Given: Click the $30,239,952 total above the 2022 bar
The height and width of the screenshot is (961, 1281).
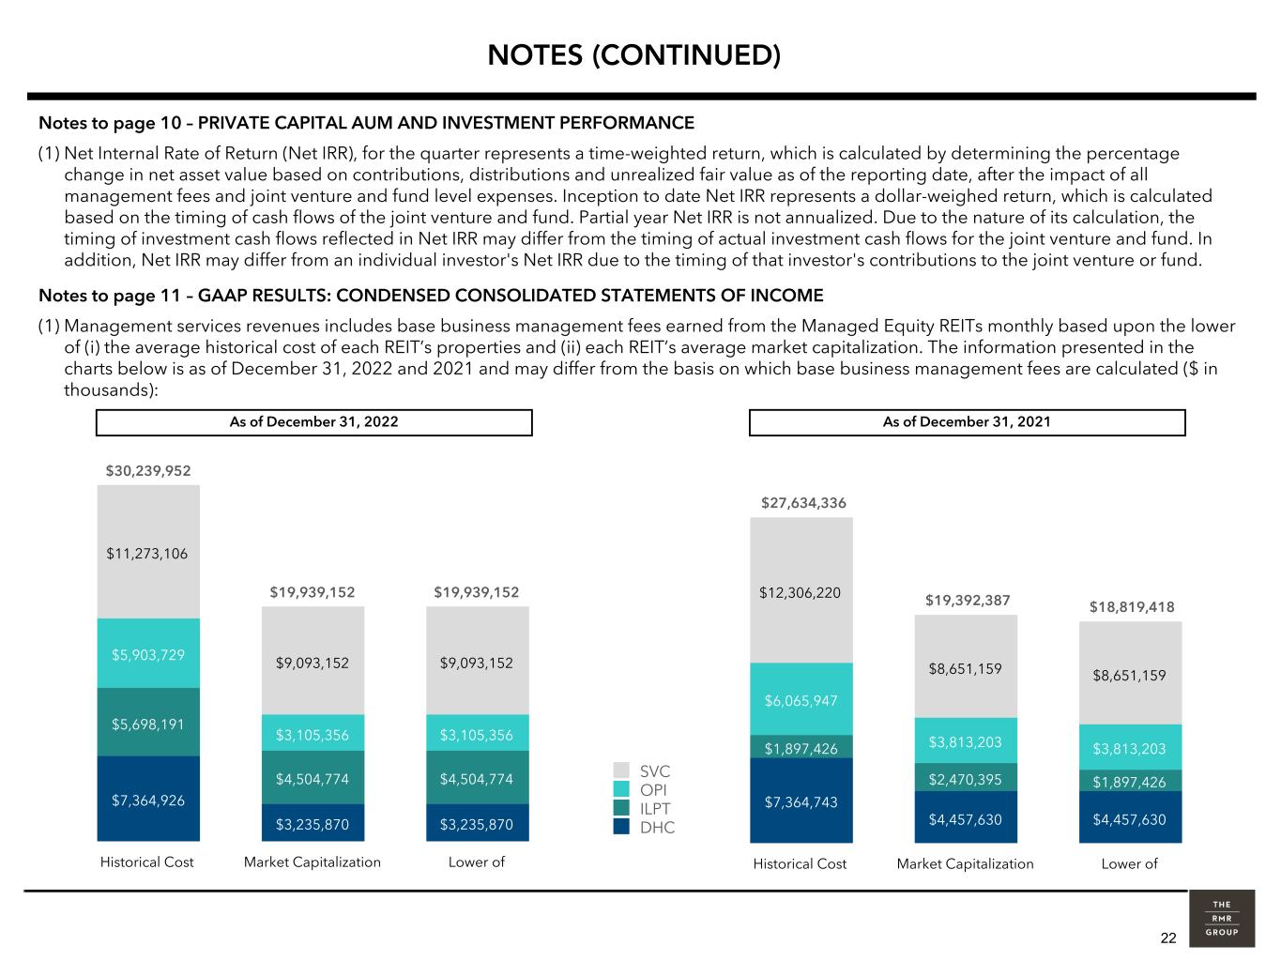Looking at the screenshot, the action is point(148,471).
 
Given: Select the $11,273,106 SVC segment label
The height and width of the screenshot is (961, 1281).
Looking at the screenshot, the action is point(147,554).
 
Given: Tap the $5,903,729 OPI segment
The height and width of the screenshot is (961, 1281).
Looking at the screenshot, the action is point(148,653).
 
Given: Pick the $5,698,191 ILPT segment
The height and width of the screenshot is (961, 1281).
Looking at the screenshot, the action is point(148,723).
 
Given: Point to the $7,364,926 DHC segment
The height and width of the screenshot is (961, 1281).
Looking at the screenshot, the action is point(148,799).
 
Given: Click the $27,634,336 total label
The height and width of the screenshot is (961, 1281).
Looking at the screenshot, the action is point(803,503).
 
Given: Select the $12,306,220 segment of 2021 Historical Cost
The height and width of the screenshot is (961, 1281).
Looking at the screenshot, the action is point(801,590).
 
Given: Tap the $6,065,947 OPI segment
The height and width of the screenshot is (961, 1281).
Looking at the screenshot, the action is point(801,699).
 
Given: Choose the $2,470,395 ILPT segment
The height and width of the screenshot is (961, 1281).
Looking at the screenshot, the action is point(966,778).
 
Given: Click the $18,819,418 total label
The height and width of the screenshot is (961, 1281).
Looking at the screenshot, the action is point(1132,607).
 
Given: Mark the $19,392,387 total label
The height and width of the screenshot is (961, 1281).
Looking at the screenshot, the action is point(968,601).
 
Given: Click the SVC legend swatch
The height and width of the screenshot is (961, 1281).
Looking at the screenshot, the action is point(621,770).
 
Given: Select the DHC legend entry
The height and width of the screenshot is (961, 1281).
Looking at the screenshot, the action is point(644,827).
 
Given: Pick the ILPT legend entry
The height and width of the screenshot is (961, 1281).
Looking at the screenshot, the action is point(642,808).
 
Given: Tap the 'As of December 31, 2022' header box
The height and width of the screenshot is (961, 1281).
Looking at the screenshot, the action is point(314,422).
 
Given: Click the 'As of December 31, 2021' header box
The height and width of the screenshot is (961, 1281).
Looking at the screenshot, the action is point(967,422).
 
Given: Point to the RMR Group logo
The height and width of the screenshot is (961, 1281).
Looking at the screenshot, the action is point(1222,919).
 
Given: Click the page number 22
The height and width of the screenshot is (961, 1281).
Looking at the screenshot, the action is point(1168,938).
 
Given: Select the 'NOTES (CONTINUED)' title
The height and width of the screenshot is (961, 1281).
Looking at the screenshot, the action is point(633,55).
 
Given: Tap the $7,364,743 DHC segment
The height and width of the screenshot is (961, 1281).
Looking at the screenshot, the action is point(801,801).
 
